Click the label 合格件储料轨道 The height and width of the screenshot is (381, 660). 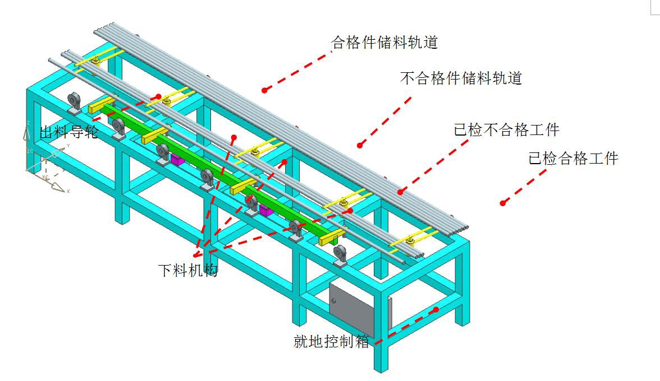click(x=384, y=43)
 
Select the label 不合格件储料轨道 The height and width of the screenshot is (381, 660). click(x=461, y=78)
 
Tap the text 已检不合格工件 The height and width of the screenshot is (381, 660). click(x=506, y=131)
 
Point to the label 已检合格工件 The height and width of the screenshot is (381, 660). click(x=573, y=159)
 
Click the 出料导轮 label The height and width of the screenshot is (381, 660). click(x=68, y=133)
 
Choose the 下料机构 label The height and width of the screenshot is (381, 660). click(x=187, y=271)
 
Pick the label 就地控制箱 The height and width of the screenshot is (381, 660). click(x=332, y=341)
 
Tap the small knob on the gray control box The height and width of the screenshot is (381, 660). click(x=335, y=300)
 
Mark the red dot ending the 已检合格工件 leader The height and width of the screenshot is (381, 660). click(x=503, y=203)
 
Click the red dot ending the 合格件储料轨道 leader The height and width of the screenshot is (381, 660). click(x=264, y=90)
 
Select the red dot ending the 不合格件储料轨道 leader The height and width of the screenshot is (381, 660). click(x=360, y=146)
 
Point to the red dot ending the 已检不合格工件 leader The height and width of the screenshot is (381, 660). click(x=400, y=192)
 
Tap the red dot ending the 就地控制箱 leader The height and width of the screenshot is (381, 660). click(x=436, y=309)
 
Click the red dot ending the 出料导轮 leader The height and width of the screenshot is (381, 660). click(x=159, y=96)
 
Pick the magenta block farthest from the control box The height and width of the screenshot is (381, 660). click(x=177, y=160)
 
